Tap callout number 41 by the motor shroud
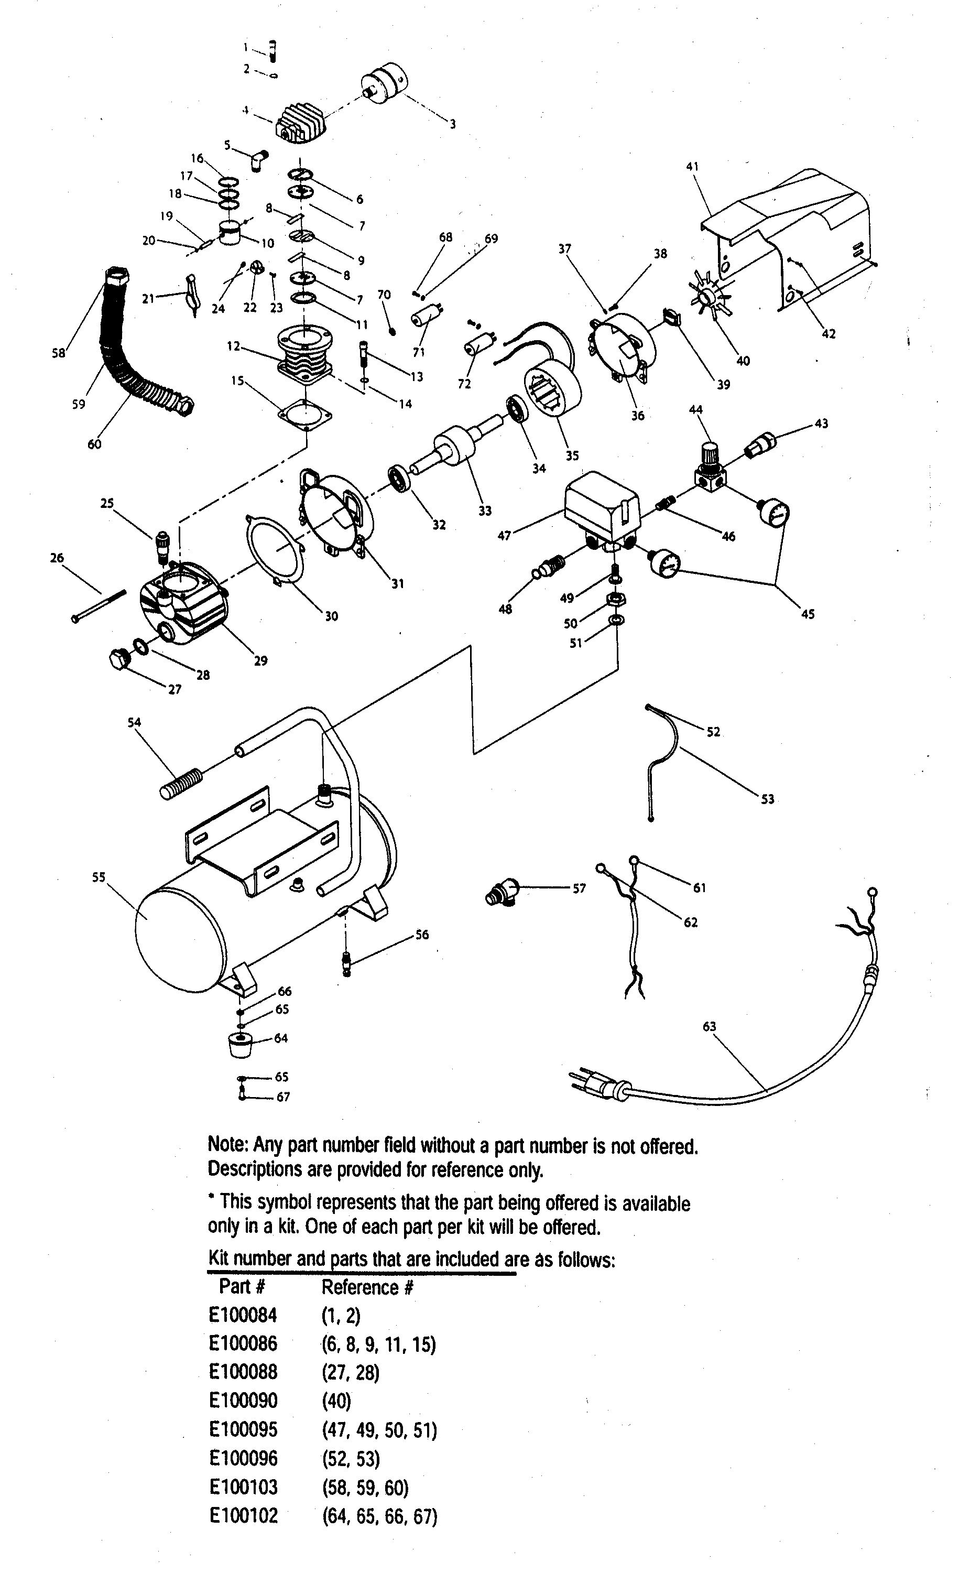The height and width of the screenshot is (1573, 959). click(692, 167)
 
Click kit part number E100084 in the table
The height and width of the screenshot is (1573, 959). click(243, 1316)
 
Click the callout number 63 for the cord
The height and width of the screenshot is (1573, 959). click(710, 1026)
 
